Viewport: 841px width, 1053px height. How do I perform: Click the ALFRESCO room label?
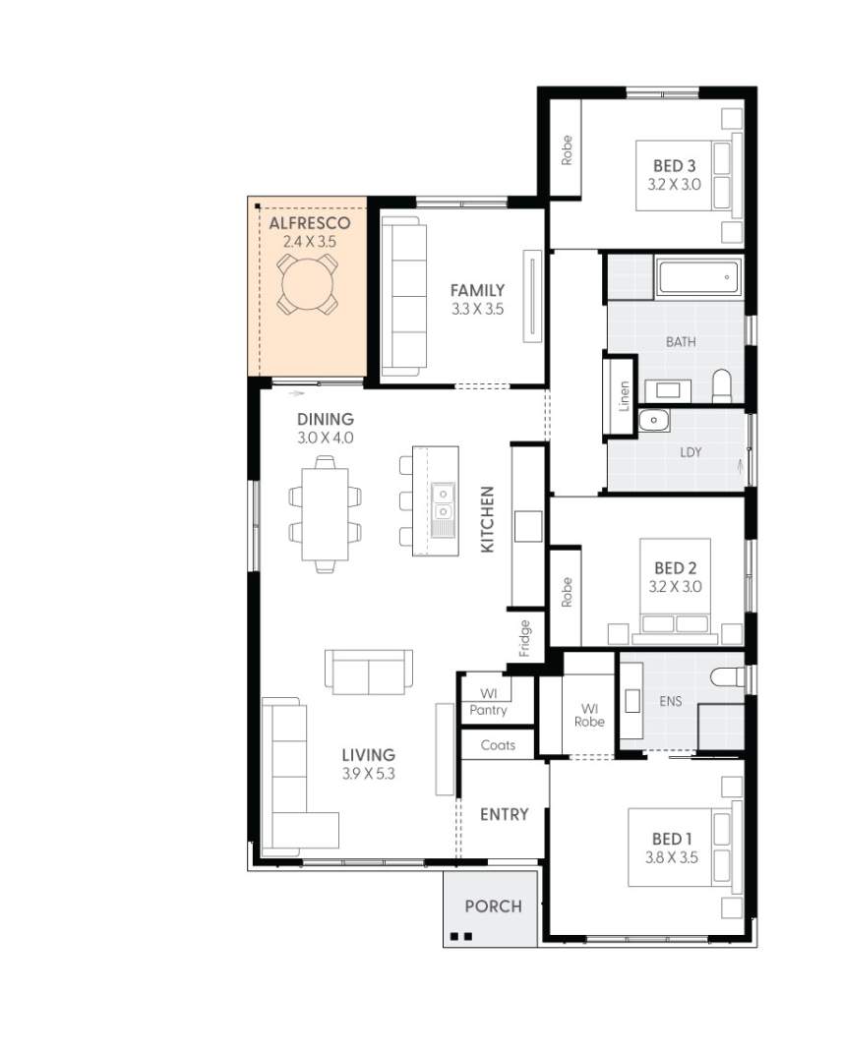(x=309, y=224)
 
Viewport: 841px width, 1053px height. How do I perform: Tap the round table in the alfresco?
(x=308, y=285)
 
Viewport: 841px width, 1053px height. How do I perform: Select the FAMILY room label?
(x=477, y=290)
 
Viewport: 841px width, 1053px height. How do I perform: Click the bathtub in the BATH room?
(x=698, y=278)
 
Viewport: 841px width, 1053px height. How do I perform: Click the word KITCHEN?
(x=487, y=519)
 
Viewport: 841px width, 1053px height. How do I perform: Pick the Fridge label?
(x=524, y=637)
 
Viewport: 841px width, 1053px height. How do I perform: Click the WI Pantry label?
(x=488, y=702)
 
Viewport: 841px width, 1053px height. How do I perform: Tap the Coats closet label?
(x=498, y=745)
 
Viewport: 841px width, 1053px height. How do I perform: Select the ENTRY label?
(x=504, y=814)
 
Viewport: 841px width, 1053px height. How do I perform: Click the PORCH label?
(x=493, y=906)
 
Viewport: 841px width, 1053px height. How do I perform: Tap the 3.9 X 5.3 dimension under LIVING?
(x=368, y=773)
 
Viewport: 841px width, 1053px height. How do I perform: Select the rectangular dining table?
(x=325, y=512)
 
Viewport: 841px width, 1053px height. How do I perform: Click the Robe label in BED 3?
(x=567, y=149)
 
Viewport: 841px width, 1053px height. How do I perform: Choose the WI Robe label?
(x=590, y=715)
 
